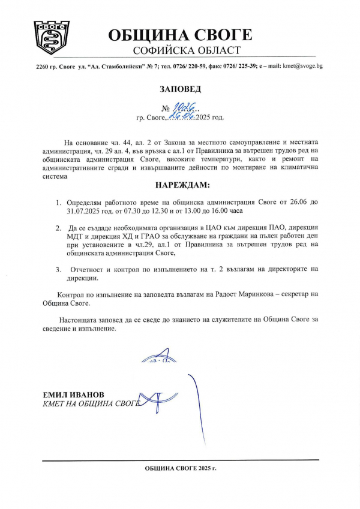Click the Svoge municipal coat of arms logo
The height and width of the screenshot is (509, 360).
tap(52, 38)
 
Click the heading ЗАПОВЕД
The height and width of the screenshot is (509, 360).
tap(181, 89)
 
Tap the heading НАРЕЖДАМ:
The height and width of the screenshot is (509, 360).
tap(180, 185)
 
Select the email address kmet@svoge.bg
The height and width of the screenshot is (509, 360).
tap(302, 65)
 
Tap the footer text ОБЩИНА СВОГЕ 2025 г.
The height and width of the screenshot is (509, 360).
tap(180, 467)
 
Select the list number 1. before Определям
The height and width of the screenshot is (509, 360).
tap(59, 204)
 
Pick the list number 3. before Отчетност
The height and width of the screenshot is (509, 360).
tap(59, 269)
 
